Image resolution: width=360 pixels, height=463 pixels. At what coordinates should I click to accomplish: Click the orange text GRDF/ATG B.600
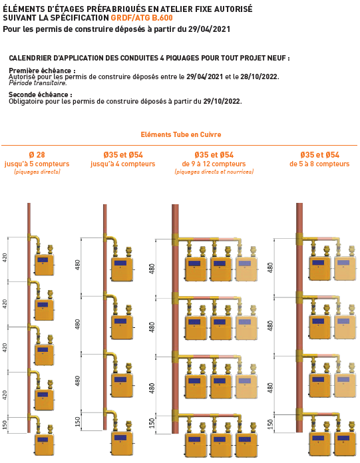(142, 18)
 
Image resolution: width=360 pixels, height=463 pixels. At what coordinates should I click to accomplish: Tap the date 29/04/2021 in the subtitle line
(209, 29)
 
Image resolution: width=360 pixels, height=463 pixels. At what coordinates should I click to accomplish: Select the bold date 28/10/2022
(259, 77)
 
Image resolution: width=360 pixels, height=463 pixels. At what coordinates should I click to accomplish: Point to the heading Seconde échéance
(39, 94)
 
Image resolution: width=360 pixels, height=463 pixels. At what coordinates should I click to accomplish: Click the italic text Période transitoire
(37, 83)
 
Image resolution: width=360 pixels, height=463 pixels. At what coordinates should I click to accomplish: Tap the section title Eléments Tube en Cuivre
(181, 134)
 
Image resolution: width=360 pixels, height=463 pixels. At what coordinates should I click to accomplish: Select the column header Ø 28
(37, 155)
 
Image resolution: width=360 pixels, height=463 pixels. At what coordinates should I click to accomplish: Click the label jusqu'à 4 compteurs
(123, 164)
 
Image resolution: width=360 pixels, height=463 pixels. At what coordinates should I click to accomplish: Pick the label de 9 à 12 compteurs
(214, 164)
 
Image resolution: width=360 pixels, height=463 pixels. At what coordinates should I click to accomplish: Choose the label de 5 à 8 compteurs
(319, 164)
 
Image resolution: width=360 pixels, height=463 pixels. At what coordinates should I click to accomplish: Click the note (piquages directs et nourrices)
(214, 172)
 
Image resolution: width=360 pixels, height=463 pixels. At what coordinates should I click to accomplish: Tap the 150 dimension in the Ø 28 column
(5, 425)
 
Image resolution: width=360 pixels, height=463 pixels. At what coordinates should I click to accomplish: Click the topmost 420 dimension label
(5, 259)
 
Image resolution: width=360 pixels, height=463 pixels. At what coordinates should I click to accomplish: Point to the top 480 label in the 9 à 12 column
(152, 269)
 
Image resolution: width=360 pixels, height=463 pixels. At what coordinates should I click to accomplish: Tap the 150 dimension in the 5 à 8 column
(270, 424)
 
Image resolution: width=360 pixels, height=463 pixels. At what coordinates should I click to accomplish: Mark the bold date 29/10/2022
(222, 101)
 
